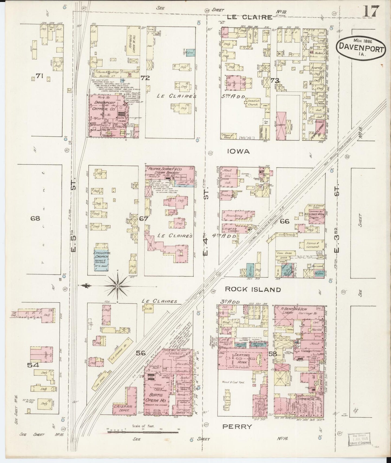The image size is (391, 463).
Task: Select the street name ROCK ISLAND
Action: pyautogui.click(x=253, y=290)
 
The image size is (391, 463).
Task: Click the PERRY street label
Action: pyautogui.click(x=237, y=427)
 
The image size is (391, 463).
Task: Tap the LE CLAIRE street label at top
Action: pyautogui.click(x=249, y=17)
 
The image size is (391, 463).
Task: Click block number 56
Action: pyautogui.click(x=140, y=353)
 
